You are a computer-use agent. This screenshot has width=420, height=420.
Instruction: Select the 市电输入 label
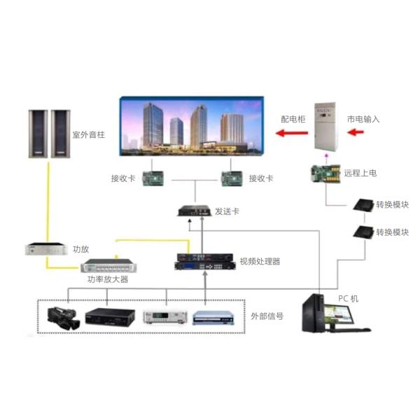[x=363, y=120]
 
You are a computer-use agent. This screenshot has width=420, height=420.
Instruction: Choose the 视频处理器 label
[x=260, y=262]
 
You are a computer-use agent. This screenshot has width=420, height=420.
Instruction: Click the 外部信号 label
[x=267, y=316]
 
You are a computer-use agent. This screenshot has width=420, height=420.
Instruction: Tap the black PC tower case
[x=314, y=318]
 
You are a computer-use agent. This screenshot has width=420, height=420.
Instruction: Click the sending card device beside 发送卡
[x=193, y=211]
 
